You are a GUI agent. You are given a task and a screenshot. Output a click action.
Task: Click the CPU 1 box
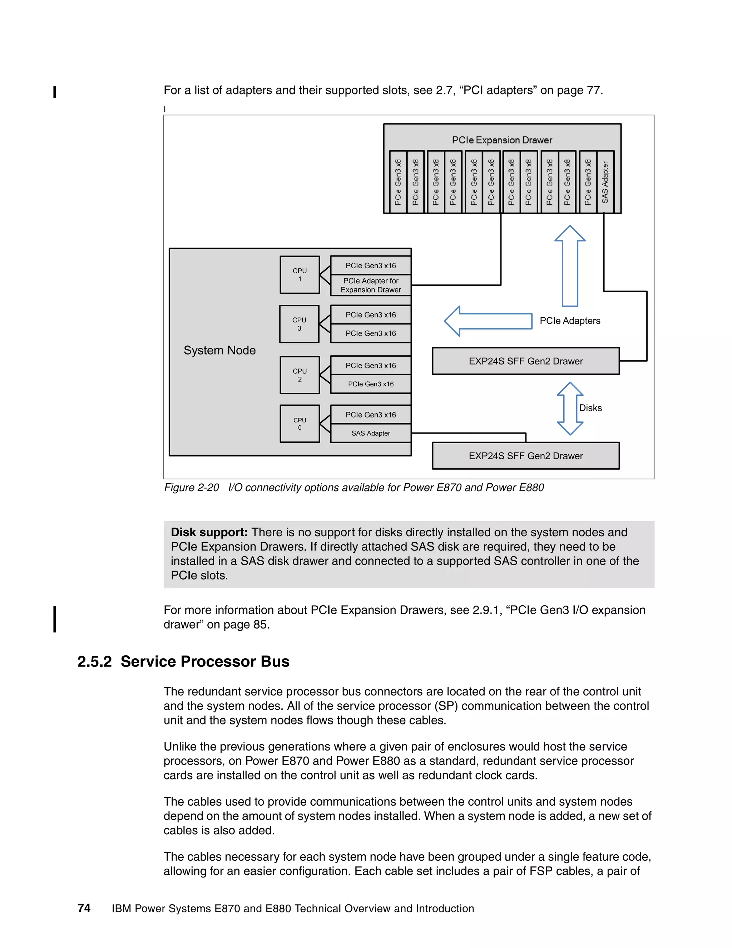pos(300,275)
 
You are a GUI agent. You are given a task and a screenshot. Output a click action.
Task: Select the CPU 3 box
pos(299,324)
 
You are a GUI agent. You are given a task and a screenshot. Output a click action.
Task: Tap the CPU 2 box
pos(300,375)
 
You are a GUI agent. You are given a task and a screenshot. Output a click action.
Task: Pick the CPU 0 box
pos(300,424)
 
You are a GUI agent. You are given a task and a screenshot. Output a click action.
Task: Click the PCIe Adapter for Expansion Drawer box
pos(371,285)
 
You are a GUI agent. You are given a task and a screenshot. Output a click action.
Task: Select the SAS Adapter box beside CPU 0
pos(371,433)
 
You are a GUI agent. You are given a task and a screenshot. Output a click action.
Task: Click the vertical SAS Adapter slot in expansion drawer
pos(605,182)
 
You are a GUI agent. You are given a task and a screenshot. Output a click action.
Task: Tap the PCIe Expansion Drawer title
pos(502,140)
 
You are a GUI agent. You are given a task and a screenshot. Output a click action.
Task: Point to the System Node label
pos(219,350)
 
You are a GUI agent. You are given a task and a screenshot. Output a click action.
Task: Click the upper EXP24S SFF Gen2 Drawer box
pos(525,361)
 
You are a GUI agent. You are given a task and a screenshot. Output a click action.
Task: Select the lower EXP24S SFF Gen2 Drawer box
pos(525,456)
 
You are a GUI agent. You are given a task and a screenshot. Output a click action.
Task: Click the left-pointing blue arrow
pos(488,321)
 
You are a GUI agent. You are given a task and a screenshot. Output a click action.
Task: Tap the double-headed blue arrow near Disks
pos(570,409)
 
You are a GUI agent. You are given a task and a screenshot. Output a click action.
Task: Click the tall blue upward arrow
pos(570,266)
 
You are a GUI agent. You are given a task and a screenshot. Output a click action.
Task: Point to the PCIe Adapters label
pos(570,321)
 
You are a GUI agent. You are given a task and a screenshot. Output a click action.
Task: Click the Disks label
pos(590,408)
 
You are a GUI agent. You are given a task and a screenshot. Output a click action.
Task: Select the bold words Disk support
pos(209,532)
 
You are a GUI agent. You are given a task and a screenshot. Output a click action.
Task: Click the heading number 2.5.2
pos(94,661)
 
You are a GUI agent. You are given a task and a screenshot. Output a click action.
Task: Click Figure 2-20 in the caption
pos(191,488)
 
